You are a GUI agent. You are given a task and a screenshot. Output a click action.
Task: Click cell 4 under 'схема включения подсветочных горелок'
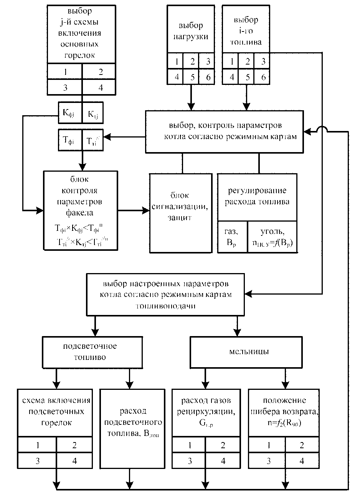pos(74,461)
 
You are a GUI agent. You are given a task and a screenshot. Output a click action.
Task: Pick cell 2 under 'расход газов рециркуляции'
pos(223,446)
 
